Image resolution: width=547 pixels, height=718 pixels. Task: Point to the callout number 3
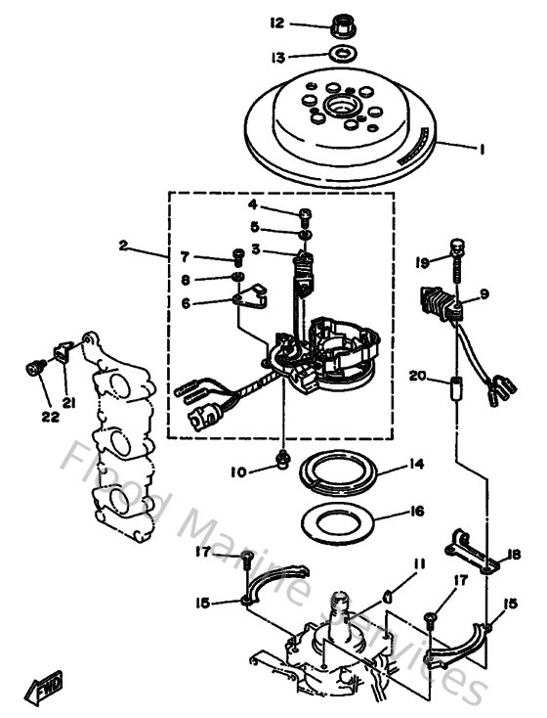pos(254,250)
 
